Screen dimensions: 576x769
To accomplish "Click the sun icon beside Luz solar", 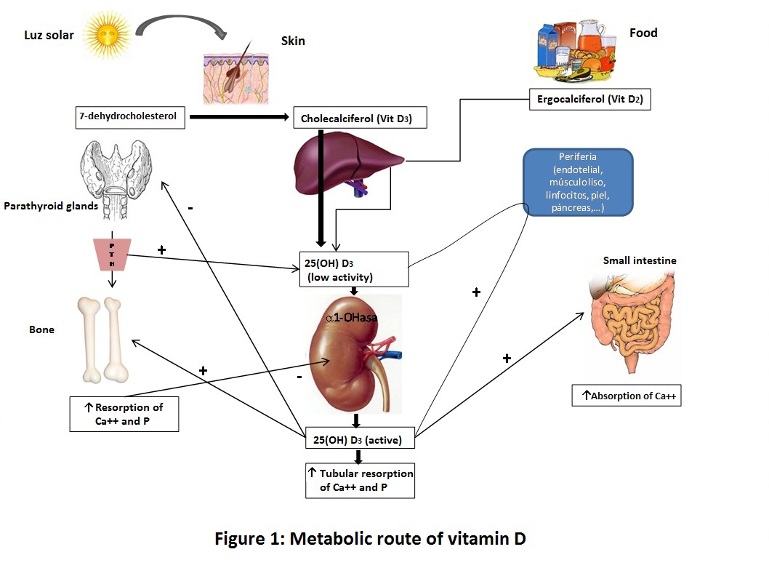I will (107, 33).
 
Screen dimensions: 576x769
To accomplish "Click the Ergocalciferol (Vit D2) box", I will (589, 99).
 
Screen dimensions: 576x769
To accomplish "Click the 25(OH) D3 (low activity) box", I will (354, 269).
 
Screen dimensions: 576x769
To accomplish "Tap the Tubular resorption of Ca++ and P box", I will (360, 480).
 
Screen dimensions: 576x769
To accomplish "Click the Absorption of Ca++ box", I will (627, 395).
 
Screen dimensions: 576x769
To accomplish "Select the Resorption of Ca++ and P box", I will (124, 414).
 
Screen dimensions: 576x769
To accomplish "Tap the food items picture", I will (579, 50).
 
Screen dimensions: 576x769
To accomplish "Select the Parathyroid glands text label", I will (51, 206).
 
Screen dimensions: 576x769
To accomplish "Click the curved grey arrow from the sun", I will (184, 25).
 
